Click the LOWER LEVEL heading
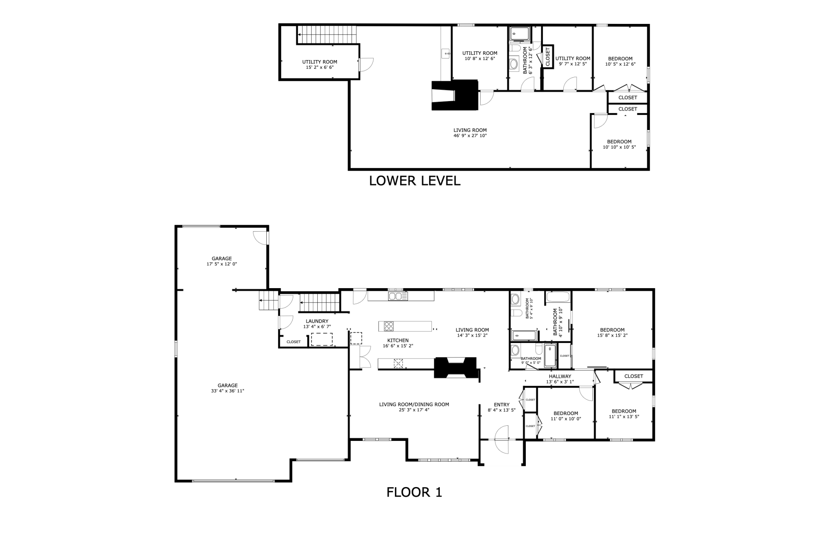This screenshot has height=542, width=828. (x=415, y=181)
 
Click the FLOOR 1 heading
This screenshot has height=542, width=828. (x=414, y=492)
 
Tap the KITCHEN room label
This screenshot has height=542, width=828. (x=398, y=340)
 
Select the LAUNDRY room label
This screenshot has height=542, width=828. (x=317, y=321)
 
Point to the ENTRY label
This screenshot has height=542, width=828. (x=502, y=405)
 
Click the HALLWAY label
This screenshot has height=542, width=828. (x=560, y=376)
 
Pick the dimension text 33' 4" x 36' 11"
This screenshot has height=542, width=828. (x=228, y=391)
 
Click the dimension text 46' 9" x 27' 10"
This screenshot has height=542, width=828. (x=470, y=136)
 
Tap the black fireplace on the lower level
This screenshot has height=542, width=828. (x=455, y=96)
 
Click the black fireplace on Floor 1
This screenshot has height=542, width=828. (x=456, y=367)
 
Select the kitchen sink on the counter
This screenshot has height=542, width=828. (x=398, y=296)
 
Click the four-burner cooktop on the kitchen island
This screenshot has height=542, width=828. (x=389, y=326)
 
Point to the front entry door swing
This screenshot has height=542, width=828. (x=502, y=439)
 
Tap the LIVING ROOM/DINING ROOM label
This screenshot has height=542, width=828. (x=414, y=404)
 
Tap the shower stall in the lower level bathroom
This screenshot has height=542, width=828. (x=520, y=34)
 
